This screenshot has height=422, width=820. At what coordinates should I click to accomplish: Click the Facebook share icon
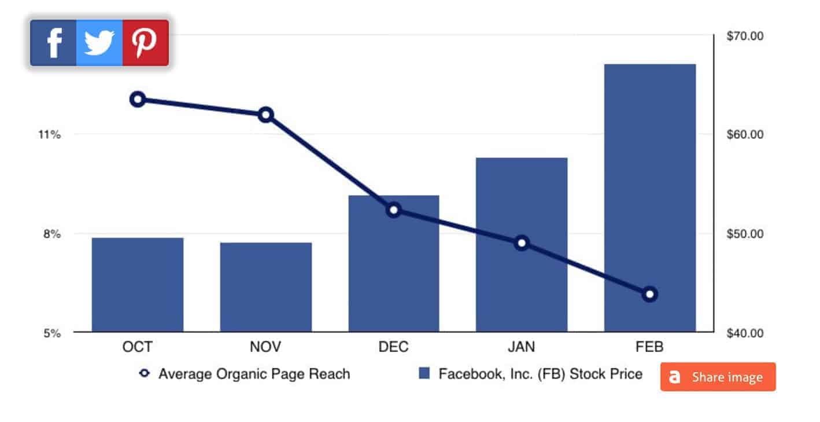[53, 43]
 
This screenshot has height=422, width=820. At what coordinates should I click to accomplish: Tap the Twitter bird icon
[99, 43]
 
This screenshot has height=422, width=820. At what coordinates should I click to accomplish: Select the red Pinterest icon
[145, 43]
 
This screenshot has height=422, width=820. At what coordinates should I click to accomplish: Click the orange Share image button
[718, 377]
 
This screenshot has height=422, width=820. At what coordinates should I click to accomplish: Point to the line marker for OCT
[138, 99]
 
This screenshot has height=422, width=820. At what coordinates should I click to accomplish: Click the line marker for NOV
[266, 115]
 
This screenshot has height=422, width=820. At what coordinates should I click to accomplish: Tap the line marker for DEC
[394, 210]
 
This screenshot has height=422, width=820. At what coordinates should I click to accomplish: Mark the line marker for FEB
[649, 294]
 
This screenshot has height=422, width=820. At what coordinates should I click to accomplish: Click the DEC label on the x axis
[393, 347]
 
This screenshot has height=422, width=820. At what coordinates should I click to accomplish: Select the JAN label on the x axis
[521, 347]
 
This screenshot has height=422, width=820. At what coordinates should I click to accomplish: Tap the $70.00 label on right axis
[745, 36]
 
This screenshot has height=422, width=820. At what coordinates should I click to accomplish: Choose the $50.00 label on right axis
[745, 234]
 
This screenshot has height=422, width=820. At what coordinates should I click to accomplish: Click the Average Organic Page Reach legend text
[254, 374]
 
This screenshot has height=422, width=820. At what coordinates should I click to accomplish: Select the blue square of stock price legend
[424, 374]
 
